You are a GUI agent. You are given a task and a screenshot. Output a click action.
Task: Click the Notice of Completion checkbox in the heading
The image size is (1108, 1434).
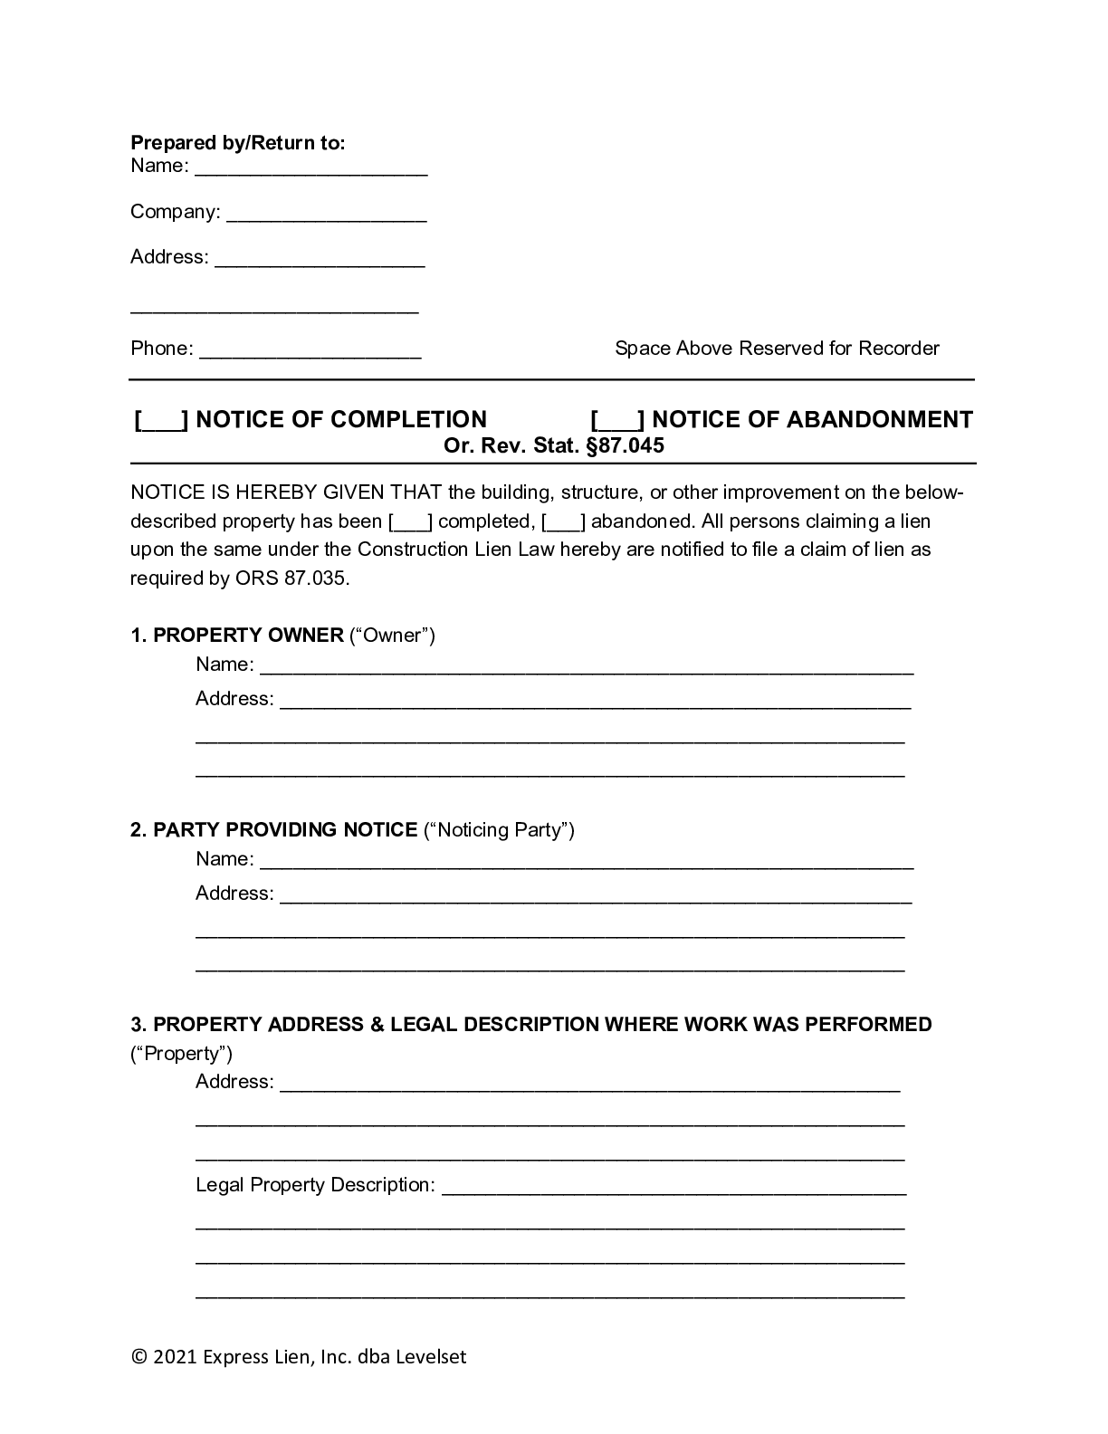tap(161, 421)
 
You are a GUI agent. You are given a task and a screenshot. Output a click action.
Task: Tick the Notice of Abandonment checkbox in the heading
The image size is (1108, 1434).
tap(617, 421)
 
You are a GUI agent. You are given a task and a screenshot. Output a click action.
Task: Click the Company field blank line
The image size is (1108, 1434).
tap(326, 214)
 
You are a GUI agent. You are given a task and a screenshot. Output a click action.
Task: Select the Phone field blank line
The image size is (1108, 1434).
tap(310, 350)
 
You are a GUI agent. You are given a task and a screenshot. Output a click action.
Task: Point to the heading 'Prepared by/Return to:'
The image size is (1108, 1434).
tap(238, 143)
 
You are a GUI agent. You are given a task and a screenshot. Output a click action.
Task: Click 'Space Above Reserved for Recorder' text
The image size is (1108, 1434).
tap(777, 349)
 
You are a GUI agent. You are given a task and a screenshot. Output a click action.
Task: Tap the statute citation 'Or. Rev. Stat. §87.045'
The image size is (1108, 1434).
tap(553, 445)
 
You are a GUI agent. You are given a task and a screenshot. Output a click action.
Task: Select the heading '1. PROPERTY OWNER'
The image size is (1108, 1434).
tap(237, 636)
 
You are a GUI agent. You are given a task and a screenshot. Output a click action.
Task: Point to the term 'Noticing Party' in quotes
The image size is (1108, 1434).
tap(500, 830)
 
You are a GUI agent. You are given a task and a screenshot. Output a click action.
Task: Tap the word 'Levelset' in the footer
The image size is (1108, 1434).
tap(430, 1357)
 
